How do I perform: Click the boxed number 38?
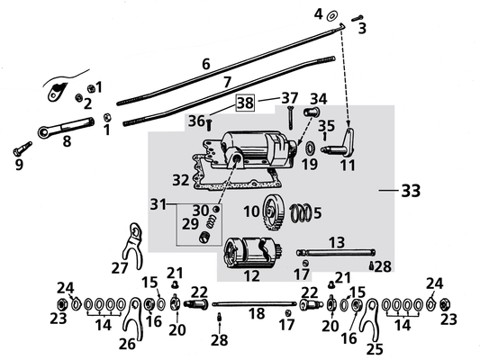[245, 103]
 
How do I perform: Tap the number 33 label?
[411, 191]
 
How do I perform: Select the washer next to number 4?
[331, 16]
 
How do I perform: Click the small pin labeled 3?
[357, 18]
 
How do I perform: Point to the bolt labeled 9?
[23, 148]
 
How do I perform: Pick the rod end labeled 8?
[66, 127]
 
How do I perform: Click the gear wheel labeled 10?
[273, 212]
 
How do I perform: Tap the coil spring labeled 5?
[301, 213]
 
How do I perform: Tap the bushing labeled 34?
[312, 112]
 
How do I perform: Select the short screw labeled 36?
[209, 125]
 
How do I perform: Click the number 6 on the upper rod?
[206, 64]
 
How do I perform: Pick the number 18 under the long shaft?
[257, 313]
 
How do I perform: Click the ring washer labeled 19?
[311, 148]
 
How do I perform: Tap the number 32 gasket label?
[181, 180]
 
